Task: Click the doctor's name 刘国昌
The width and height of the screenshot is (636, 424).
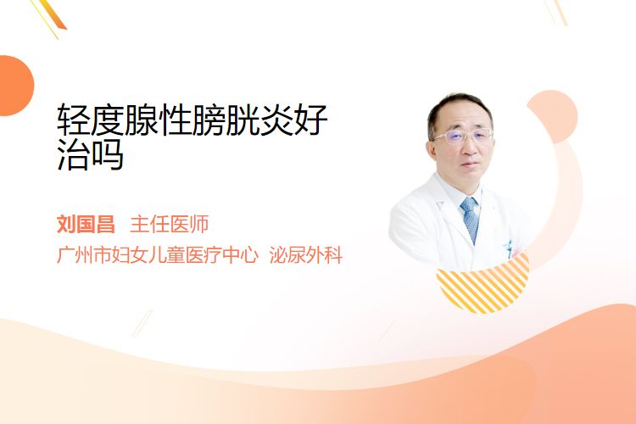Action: coord(86,224)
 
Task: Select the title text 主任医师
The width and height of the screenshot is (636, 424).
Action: coord(169,224)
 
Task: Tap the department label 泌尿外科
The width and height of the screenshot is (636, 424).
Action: coord(306,254)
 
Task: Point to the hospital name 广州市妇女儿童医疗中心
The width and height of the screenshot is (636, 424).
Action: coord(158,254)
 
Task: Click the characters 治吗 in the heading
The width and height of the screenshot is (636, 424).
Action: coord(90,154)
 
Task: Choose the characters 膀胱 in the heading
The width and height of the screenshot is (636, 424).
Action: coord(225,120)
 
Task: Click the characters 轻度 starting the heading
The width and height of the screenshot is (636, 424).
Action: coord(90,120)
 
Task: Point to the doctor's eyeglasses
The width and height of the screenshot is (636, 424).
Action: coord(463,137)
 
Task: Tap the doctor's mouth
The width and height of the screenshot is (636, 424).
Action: coord(471,165)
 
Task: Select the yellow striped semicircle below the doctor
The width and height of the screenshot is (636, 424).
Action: coord(483,286)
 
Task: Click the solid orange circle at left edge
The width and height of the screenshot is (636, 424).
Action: coord(14,86)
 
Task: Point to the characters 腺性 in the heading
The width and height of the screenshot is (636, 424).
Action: coord(158,120)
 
